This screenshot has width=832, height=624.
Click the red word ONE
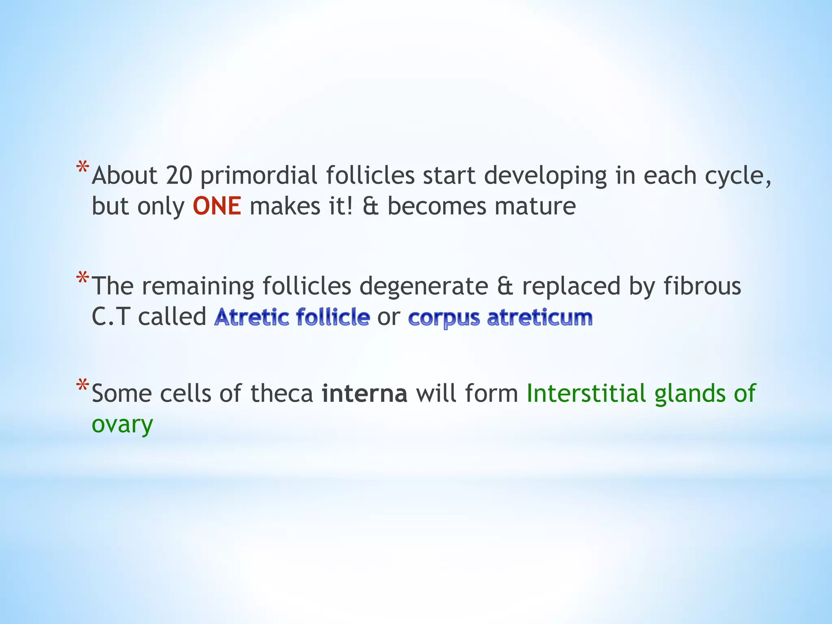point(217,206)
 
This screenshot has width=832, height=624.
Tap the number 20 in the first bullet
point(179,175)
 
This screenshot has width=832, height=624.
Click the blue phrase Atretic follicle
point(292,317)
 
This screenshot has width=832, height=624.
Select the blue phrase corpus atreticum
point(500,318)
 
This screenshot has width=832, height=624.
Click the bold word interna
point(364,394)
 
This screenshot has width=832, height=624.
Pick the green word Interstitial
point(586,394)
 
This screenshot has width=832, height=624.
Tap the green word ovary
point(122,425)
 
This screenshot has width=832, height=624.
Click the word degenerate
point(424,286)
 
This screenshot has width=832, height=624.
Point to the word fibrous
point(702,286)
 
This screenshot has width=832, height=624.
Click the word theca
point(282,394)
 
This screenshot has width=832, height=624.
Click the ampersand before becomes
point(370,206)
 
